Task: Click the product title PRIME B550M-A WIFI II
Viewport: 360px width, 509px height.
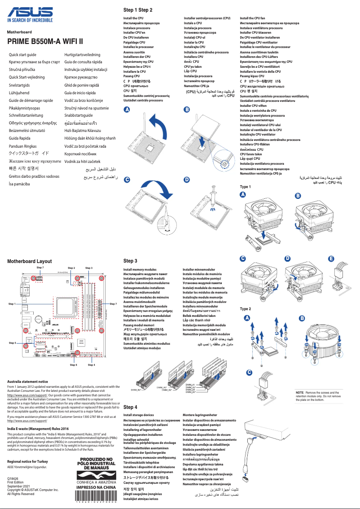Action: click(45, 42)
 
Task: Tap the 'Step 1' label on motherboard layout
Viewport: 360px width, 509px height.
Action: click(12, 304)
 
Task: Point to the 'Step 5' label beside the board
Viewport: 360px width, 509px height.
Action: click(12, 342)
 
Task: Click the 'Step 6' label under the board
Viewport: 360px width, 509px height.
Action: click(74, 365)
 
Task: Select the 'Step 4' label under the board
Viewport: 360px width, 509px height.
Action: click(91, 365)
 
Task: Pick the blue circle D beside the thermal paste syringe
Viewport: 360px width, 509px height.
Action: click(187, 180)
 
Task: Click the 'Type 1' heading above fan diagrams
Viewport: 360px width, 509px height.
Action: click(246, 187)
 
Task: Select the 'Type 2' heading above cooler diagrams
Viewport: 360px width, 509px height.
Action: click(246, 309)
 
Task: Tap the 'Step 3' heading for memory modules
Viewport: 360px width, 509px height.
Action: click(130, 261)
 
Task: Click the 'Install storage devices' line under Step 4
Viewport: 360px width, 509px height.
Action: click(138, 415)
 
